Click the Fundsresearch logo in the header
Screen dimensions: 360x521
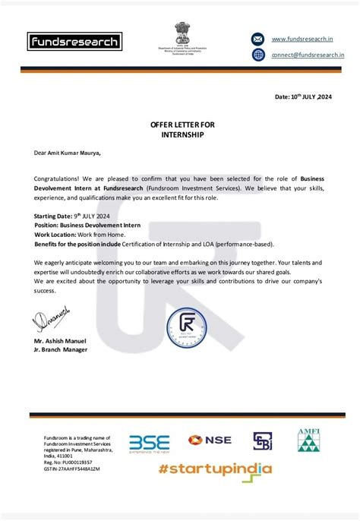(x=74, y=41)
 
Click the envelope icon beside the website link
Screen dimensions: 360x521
(x=258, y=39)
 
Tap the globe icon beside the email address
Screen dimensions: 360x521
(x=258, y=55)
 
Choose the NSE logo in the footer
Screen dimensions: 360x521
(x=210, y=440)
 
